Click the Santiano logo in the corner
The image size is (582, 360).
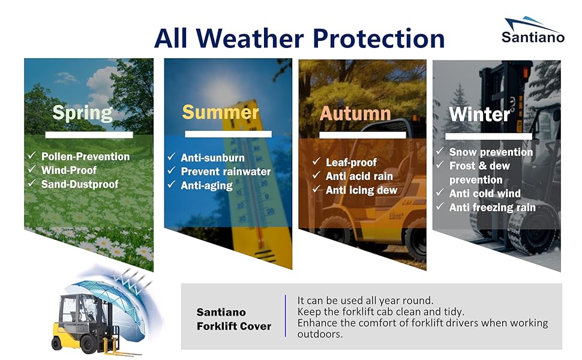533,30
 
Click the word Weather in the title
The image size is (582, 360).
250,38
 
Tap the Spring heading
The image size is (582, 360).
82,113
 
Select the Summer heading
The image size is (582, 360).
220,112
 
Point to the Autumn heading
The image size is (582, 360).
355,113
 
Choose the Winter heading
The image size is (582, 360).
479,114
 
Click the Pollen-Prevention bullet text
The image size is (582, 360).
85,157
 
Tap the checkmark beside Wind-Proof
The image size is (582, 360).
32,169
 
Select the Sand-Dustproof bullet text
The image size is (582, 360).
80,184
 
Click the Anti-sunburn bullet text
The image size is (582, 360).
212,158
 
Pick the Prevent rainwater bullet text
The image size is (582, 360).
226,172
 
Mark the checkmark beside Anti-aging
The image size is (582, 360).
172,184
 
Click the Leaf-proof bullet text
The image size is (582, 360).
351,162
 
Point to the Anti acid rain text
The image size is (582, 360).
359,176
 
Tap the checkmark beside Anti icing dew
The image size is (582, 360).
316,189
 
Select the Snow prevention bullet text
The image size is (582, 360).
491,152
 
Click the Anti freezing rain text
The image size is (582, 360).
493,208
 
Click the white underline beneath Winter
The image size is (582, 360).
488,137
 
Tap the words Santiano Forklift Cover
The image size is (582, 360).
234,319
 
